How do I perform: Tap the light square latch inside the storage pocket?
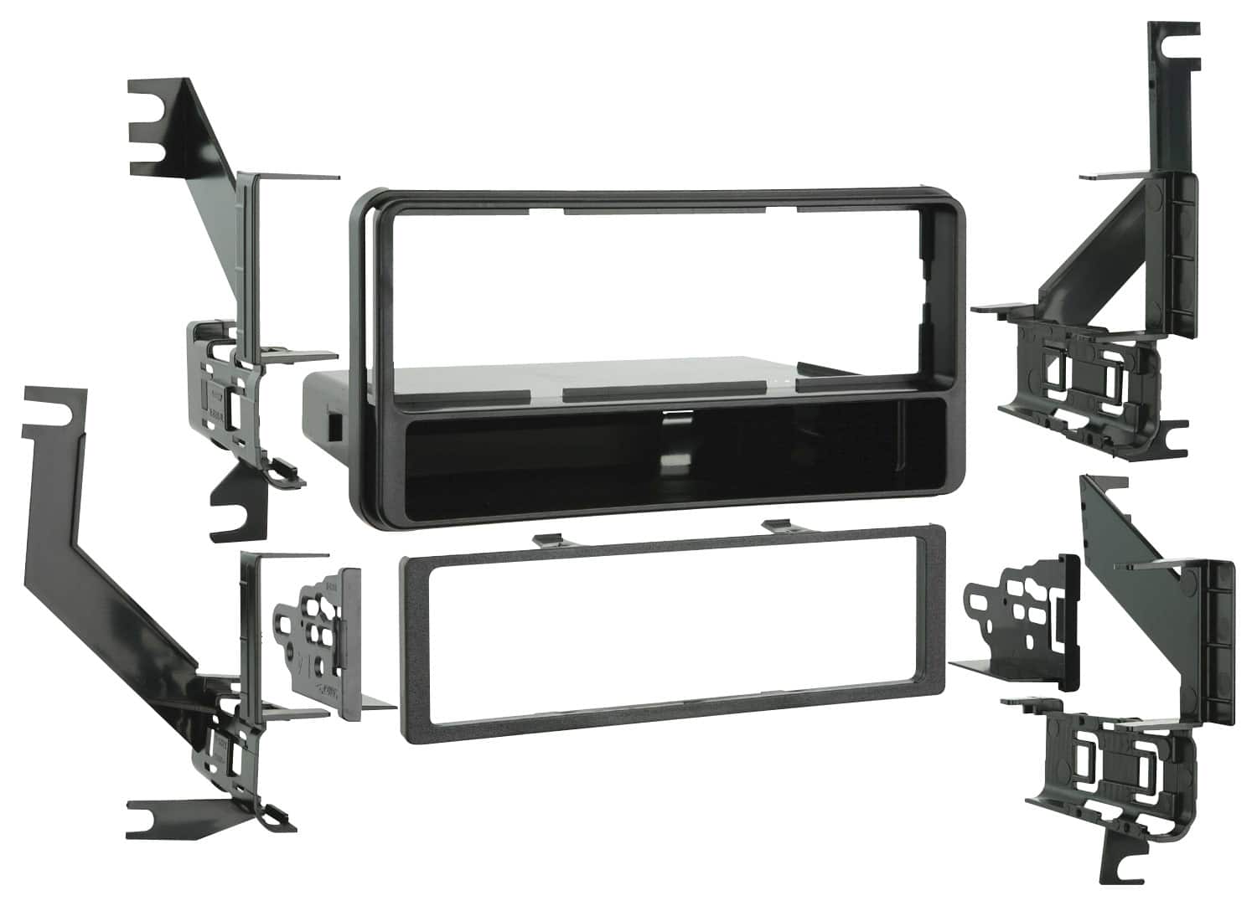(672, 463)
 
